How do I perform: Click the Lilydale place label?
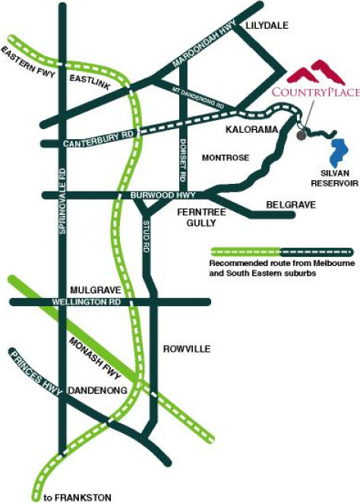coord(267,25)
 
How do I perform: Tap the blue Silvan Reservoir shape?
coord(339,151)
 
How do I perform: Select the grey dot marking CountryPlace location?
coord(302,135)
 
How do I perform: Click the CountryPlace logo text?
coord(316,93)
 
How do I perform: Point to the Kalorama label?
coord(251,129)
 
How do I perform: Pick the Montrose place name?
coord(226,157)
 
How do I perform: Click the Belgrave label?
coord(291,204)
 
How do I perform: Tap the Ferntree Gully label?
coord(201,217)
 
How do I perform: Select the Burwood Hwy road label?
coord(163,195)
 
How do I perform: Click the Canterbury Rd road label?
coord(98,140)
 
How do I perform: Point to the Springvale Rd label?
coord(62,201)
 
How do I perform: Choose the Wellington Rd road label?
coord(87,302)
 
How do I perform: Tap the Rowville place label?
coord(187,349)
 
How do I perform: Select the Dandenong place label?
coord(98,391)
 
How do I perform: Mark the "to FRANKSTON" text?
coord(77,498)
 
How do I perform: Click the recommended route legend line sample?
coord(282,252)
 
